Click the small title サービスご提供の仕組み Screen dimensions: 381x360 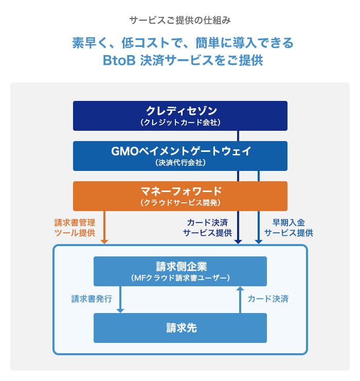coord(180,21)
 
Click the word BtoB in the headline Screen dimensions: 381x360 coord(119,60)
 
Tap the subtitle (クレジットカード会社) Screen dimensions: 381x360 coord(180,123)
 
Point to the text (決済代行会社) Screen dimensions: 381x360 coord(180,163)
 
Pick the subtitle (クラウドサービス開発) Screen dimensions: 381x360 coord(180,203)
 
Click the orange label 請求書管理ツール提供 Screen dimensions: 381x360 coord(75,228)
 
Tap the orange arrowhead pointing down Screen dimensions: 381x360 coord(104,240)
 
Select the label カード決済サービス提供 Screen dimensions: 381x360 coord(207,228)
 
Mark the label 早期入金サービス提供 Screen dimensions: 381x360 coord(288,228)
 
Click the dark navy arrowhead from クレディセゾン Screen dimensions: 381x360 coord(238,240)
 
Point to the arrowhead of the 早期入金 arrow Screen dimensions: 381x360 coord(258,240)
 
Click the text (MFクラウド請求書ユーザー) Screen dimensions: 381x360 coord(180,278)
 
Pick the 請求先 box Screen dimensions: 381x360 coord(180,327)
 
